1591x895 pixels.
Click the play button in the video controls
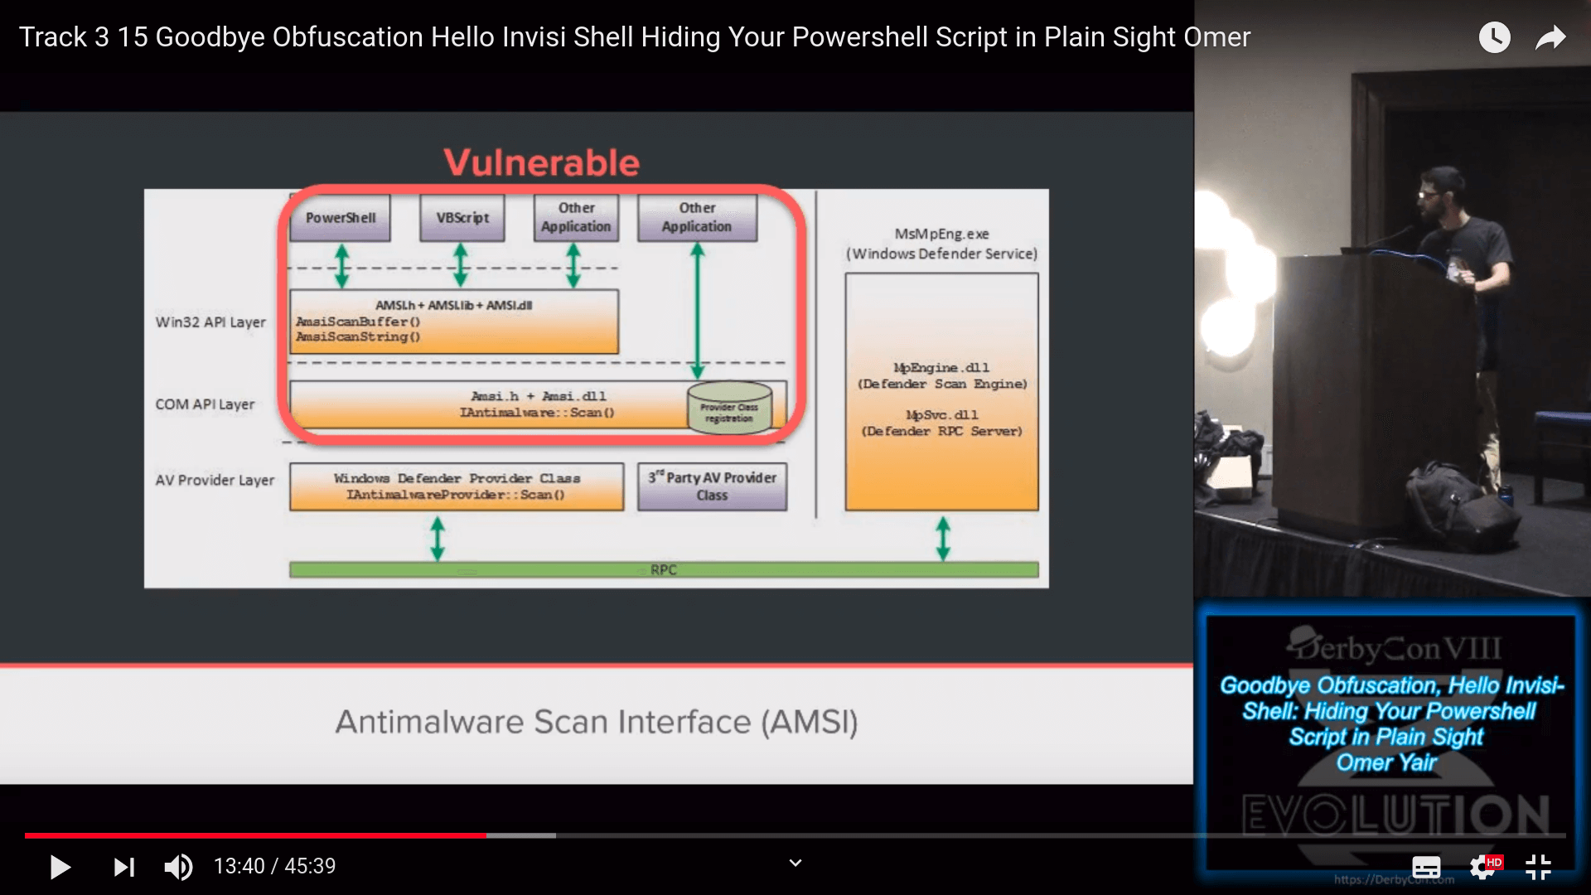click(60, 867)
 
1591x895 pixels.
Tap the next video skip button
click(123, 867)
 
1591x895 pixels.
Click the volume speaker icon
click(178, 867)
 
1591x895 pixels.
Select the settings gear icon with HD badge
click(1483, 867)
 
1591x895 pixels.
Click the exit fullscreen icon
click(1538, 867)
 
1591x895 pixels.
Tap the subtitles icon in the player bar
click(1426, 867)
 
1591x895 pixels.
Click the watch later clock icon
click(1494, 37)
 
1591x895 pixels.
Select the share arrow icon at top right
click(1550, 37)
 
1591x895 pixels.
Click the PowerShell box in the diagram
click(340, 218)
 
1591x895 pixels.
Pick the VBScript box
click(462, 218)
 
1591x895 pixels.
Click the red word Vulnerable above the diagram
click(542, 162)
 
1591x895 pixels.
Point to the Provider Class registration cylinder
click(729, 407)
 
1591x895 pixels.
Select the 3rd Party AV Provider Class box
click(712, 486)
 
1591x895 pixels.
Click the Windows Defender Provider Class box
click(457, 486)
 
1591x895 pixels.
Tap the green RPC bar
click(663, 570)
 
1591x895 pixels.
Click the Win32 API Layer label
click(210, 322)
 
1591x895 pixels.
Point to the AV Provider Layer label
click(215, 481)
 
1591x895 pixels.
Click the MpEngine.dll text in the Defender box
click(941, 368)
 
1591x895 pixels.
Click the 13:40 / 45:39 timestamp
click(274, 867)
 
